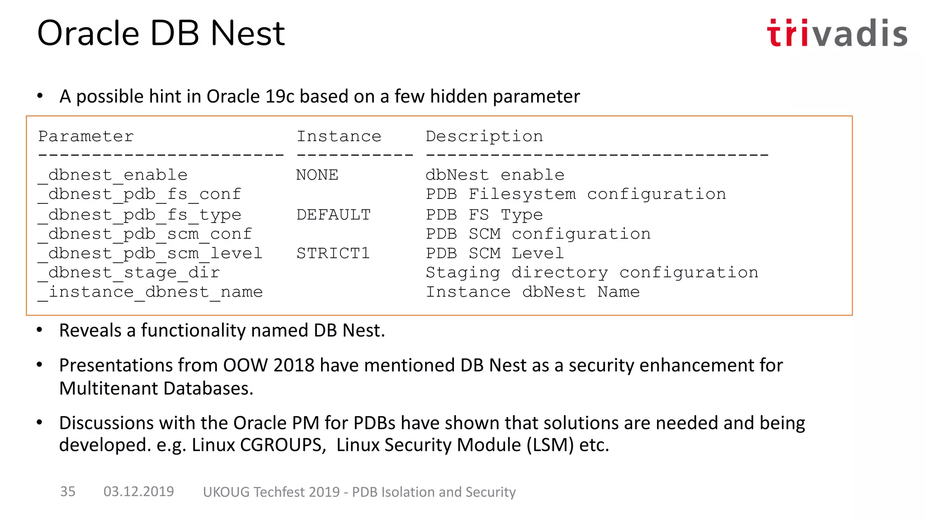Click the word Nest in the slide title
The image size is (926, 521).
(x=248, y=33)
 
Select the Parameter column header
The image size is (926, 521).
(x=86, y=136)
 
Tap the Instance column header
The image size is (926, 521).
(x=339, y=136)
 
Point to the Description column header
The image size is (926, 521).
(x=484, y=136)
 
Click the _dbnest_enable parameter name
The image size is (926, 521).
(x=113, y=175)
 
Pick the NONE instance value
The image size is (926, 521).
(x=317, y=175)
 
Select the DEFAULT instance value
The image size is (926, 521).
(x=333, y=214)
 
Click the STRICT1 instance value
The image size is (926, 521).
(x=333, y=253)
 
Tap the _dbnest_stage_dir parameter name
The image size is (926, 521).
(x=129, y=273)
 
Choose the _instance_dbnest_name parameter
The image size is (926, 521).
(x=150, y=292)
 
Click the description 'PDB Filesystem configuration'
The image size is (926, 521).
(x=576, y=194)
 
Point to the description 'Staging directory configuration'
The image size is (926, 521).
(x=592, y=273)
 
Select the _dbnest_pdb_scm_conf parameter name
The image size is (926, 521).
(x=145, y=234)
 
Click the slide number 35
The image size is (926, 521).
(x=68, y=491)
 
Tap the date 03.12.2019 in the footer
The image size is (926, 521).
(x=138, y=491)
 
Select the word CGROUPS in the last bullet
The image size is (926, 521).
(x=282, y=445)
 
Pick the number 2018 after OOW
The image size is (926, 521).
(x=294, y=365)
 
